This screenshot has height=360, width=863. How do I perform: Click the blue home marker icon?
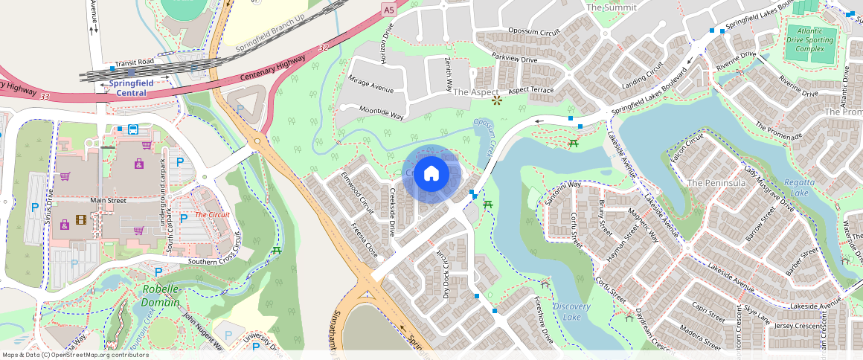point(431,174)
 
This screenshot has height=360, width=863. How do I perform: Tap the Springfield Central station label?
point(131,88)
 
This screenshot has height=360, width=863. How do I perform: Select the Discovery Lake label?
point(571,312)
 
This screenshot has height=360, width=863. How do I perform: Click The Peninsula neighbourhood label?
point(716,182)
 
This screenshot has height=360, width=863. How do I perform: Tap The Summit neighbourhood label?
point(612,7)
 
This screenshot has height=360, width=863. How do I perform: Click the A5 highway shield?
point(388,9)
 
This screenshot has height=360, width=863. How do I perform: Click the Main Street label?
point(107,200)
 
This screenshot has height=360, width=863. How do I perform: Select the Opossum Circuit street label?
point(533,32)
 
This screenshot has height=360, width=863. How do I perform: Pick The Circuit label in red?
point(212,215)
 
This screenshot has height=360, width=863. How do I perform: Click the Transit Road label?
point(134,62)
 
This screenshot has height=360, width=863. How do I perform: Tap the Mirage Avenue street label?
point(370,84)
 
